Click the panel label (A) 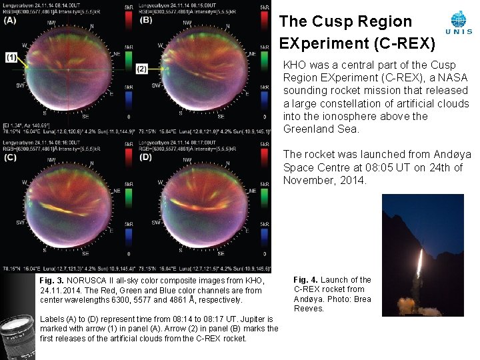[10, 20]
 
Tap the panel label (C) [10, 158]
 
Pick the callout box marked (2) [141, 69]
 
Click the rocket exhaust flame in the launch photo [419, 263]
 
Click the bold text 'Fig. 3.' [51, 281]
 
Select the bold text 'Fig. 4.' [305, 280]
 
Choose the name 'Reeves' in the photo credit [309, 308]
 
